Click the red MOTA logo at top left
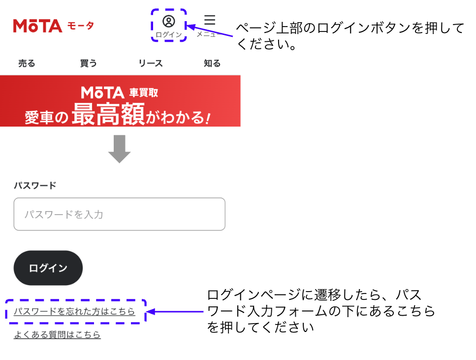[37, 26]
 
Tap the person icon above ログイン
[169, 21]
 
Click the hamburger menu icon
[210, 20]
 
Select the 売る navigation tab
[27, 63]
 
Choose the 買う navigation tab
[88, 63]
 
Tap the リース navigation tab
[151, 63]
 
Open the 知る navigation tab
[212, 63]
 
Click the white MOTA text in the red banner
[102, 93]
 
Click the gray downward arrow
[119, 149]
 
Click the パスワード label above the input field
[35, 185]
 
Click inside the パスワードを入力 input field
[119, 214]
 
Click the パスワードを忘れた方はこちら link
[74, 311]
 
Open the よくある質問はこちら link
[57, 334]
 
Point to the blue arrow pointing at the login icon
[210, 31]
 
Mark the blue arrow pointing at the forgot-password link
[175, 311]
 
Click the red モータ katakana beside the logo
[80, 26]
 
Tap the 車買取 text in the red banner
[144, 93]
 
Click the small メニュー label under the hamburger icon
[206, 34]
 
